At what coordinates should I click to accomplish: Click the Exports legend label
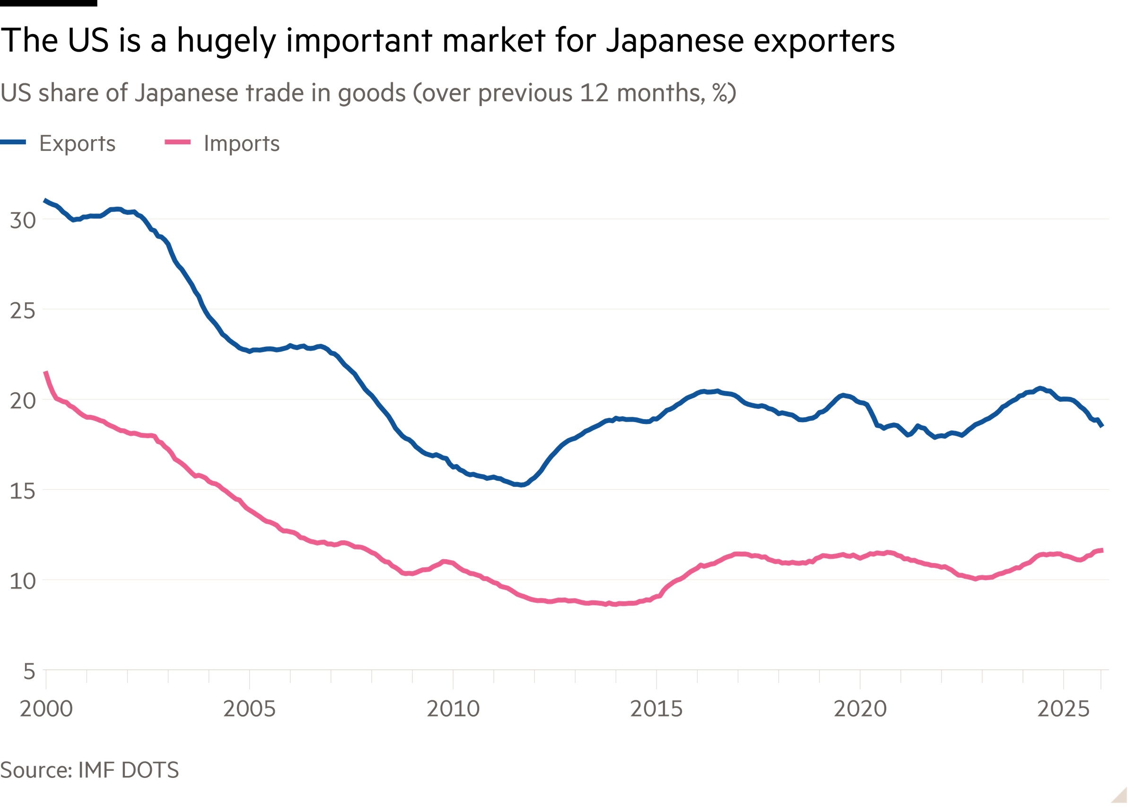78,144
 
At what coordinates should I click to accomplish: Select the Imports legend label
242,144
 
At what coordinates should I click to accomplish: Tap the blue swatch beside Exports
13,142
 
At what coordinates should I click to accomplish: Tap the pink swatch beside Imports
178,142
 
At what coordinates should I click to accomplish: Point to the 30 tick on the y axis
23,220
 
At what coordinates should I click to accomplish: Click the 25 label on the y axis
23,310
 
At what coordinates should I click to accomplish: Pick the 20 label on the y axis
23,400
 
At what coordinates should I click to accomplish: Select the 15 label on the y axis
23,491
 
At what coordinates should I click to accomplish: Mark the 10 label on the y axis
23,581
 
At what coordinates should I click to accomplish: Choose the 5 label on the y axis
29,671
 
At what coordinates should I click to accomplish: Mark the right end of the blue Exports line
1102,425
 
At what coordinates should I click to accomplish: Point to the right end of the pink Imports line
1102,550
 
